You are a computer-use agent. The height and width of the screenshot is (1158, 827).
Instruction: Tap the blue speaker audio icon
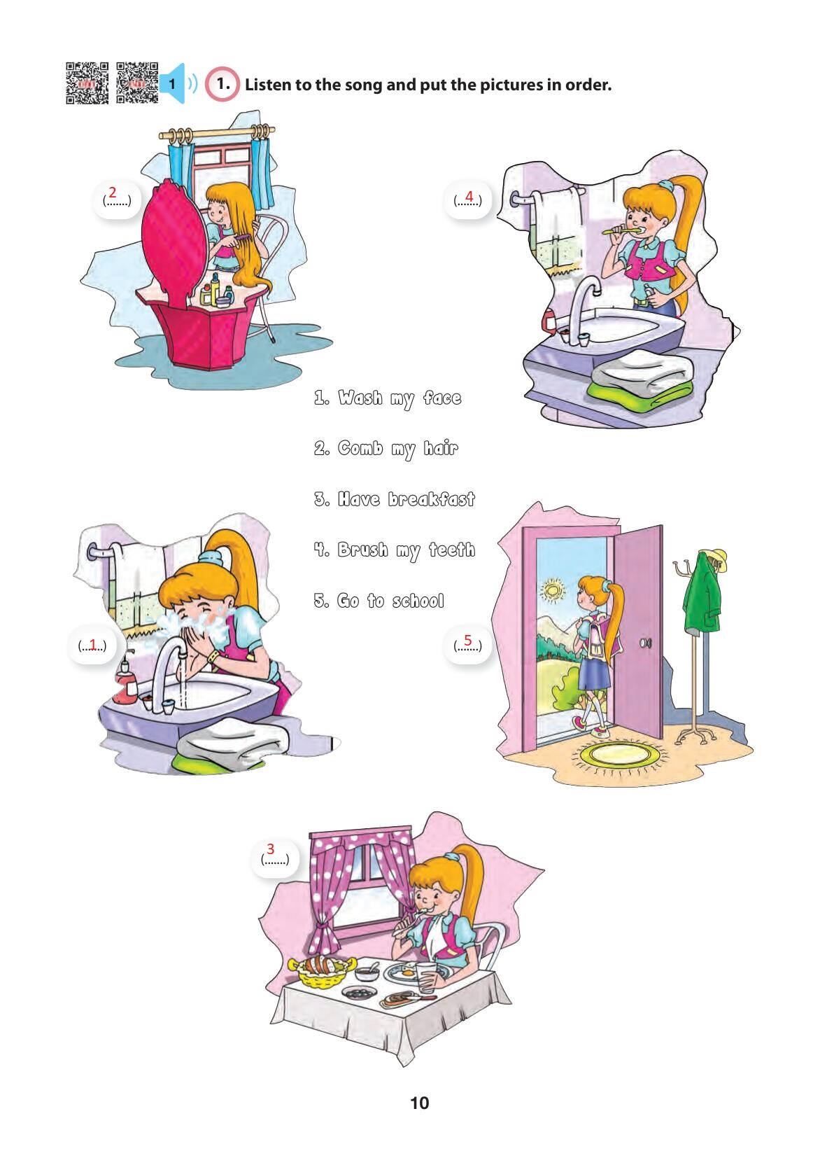178,83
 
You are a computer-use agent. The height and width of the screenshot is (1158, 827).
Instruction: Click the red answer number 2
113,193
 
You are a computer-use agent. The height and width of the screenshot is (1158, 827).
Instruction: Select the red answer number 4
469,196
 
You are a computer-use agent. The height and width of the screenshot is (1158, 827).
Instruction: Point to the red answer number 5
467,640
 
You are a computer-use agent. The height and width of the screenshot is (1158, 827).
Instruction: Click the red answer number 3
270,849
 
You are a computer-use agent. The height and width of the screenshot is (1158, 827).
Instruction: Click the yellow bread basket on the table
321,969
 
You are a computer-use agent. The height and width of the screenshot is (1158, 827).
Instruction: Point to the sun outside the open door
553,590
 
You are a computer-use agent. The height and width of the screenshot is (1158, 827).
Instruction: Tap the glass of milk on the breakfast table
425,976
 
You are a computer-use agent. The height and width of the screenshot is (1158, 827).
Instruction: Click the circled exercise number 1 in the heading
222,84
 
